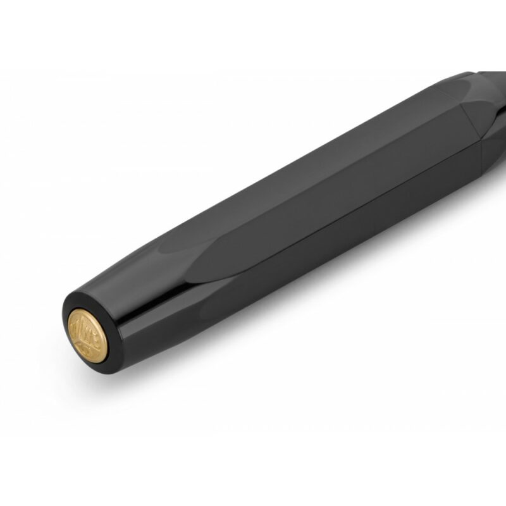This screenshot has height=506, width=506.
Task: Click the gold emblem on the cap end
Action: pos(87,335)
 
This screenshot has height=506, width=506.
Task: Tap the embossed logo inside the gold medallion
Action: pos(87,333)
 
